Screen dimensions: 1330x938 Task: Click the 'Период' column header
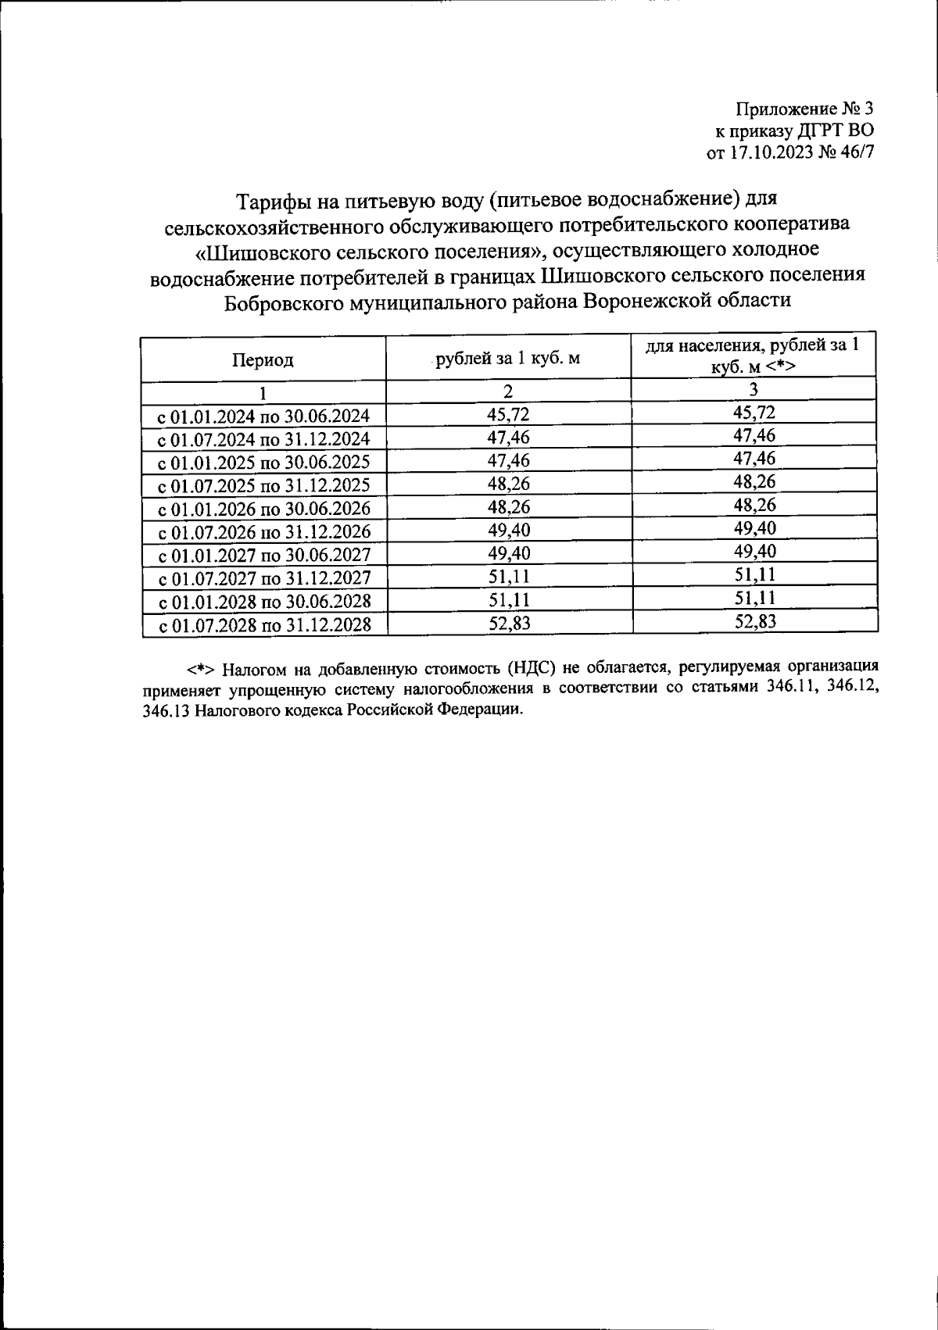tap(263, 360)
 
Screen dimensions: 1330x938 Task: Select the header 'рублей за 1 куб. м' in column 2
tap(508, 359)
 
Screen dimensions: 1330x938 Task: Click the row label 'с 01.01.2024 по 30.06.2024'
tap(264, 416)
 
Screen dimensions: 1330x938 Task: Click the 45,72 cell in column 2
tap(508, 414)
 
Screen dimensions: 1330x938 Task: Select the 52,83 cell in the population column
tap(754, 621)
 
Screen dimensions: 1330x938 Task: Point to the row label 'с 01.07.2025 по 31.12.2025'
tap(264, 485)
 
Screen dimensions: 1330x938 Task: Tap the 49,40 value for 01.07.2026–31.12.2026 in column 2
tap(508, 531)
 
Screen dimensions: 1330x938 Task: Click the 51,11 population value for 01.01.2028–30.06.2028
tap(754, 599)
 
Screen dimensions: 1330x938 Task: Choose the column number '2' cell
tap(508, 391)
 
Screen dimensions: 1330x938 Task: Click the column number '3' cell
tap(754, 389)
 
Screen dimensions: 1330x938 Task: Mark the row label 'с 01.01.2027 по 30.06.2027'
tap(264, 556)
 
